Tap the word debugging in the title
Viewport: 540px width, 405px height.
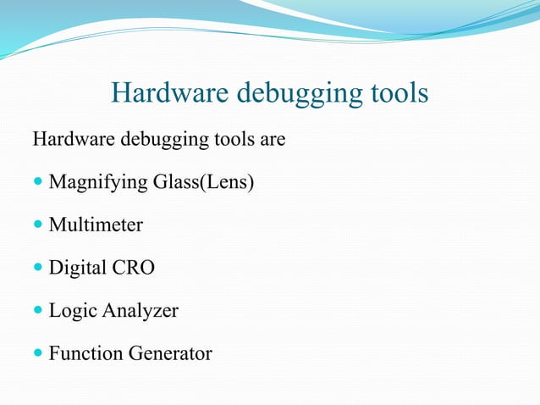pos(292,94)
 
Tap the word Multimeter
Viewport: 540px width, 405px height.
pos(96,225)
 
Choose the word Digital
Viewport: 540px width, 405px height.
pos(77,268)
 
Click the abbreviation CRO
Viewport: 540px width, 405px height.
pos(133,268)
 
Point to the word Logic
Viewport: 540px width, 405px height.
pos(73,311)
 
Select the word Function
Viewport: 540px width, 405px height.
pos(83,353)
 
